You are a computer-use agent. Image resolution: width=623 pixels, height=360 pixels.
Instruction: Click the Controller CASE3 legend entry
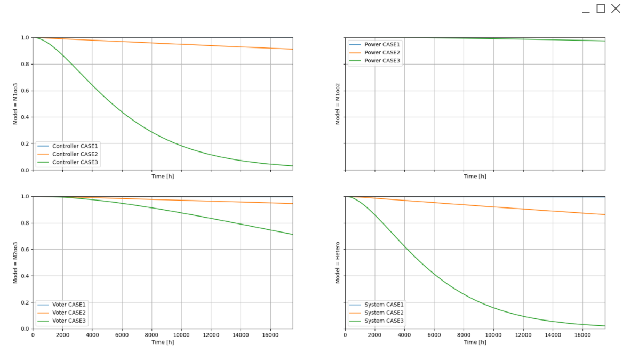point(75,162)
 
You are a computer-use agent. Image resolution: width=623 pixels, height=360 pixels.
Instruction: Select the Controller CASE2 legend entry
point(75,154)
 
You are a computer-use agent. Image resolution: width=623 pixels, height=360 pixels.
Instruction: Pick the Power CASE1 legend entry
point(382,44)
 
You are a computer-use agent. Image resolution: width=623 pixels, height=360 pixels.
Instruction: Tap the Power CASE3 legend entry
point(382,61)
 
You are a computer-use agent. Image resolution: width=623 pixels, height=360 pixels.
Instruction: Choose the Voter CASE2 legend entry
point(69,313)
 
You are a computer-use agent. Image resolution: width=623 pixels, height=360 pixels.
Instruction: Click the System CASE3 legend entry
point(384,321)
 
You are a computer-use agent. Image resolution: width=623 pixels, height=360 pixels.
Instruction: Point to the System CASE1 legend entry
point(384,305)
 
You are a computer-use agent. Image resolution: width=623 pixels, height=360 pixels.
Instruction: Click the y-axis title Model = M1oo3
point(15,103)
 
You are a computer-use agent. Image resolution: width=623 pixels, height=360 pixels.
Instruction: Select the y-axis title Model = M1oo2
point(338,103)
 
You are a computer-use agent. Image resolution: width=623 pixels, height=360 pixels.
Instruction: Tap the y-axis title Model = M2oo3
point(15,262)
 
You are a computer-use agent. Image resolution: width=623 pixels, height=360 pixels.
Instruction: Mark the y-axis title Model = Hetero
point(338,262)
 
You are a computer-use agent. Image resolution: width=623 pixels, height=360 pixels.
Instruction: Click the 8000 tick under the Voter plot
point(152,335)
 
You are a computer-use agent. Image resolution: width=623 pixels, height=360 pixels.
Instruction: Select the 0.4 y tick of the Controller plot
point(25,117)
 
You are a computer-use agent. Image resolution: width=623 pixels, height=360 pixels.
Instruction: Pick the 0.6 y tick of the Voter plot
point(25,250)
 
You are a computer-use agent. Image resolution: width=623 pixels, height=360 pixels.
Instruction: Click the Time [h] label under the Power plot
point(475,177)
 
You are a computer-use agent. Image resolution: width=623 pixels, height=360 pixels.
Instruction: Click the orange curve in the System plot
point(493,207)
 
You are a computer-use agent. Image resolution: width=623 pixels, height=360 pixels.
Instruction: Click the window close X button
point(615,9)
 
